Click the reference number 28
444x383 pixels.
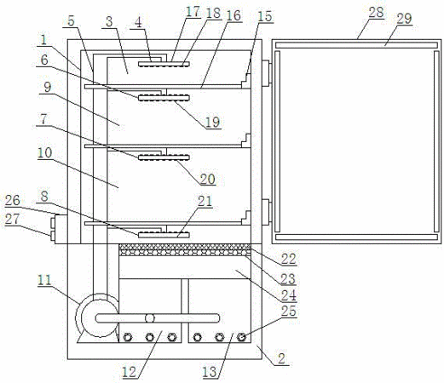tap(376, 12)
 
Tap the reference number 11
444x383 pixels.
tap(44, 280)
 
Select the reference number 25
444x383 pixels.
tap(289, 311)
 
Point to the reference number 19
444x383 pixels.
tap(212, 122)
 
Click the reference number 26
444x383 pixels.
tap(13, 200)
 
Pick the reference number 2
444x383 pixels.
tap(281, 358)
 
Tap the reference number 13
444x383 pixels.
tap(210, 372)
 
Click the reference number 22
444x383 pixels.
tap(289, 259)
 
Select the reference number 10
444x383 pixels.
tap(45, 153)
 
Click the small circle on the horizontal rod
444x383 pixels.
tap(150, 318)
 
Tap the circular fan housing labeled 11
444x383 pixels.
tap(97, 315)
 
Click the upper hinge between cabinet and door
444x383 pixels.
tap(266, 73)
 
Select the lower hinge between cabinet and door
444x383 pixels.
tap(266, 212)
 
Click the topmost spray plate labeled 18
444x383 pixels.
tap(164, 64)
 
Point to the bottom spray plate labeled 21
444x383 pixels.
tap(164, 235)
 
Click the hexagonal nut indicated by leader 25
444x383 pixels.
tap(241, 337)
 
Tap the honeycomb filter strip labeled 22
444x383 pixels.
tap(185, 249)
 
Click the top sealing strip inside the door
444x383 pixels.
tap(356, 45)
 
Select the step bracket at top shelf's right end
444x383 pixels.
tap(246, 81)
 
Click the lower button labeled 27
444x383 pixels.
tap(53, 235)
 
